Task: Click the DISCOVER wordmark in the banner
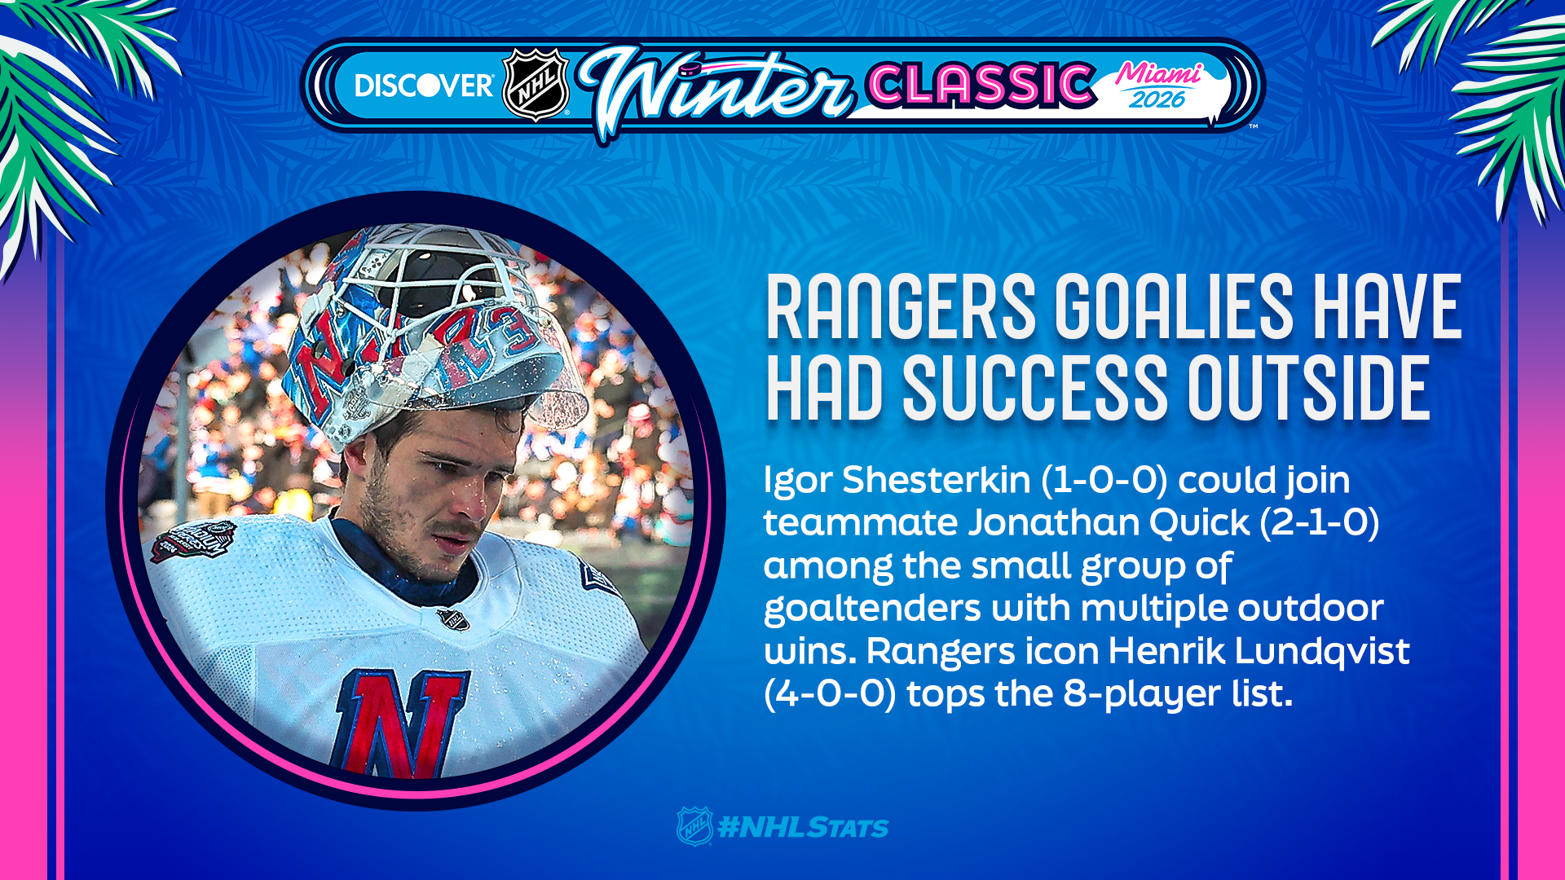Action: pyautogui.click(x=424, y=86)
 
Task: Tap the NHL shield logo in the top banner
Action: pyautogui.click(x=536, y=85)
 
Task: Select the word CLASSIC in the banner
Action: pyautogui.click(x=981, y=84)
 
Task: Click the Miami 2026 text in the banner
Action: pyautogui.click(x=1158, y=86)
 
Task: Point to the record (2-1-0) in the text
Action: pyautogui.click(x=1320, y=522)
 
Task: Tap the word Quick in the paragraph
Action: pyautogui.click(x=1199, y=522)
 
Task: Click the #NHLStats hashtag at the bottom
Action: pyautogui.click(x=803, y=828)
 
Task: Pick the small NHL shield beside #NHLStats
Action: pyautogui.click(x=694, y=826)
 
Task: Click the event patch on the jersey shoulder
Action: pyautogui.click(x=193, y=540)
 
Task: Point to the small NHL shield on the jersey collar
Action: pyautogui.click(x=453, y=619)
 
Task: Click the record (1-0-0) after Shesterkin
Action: pyautogui.click(x=1104, y=480)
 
